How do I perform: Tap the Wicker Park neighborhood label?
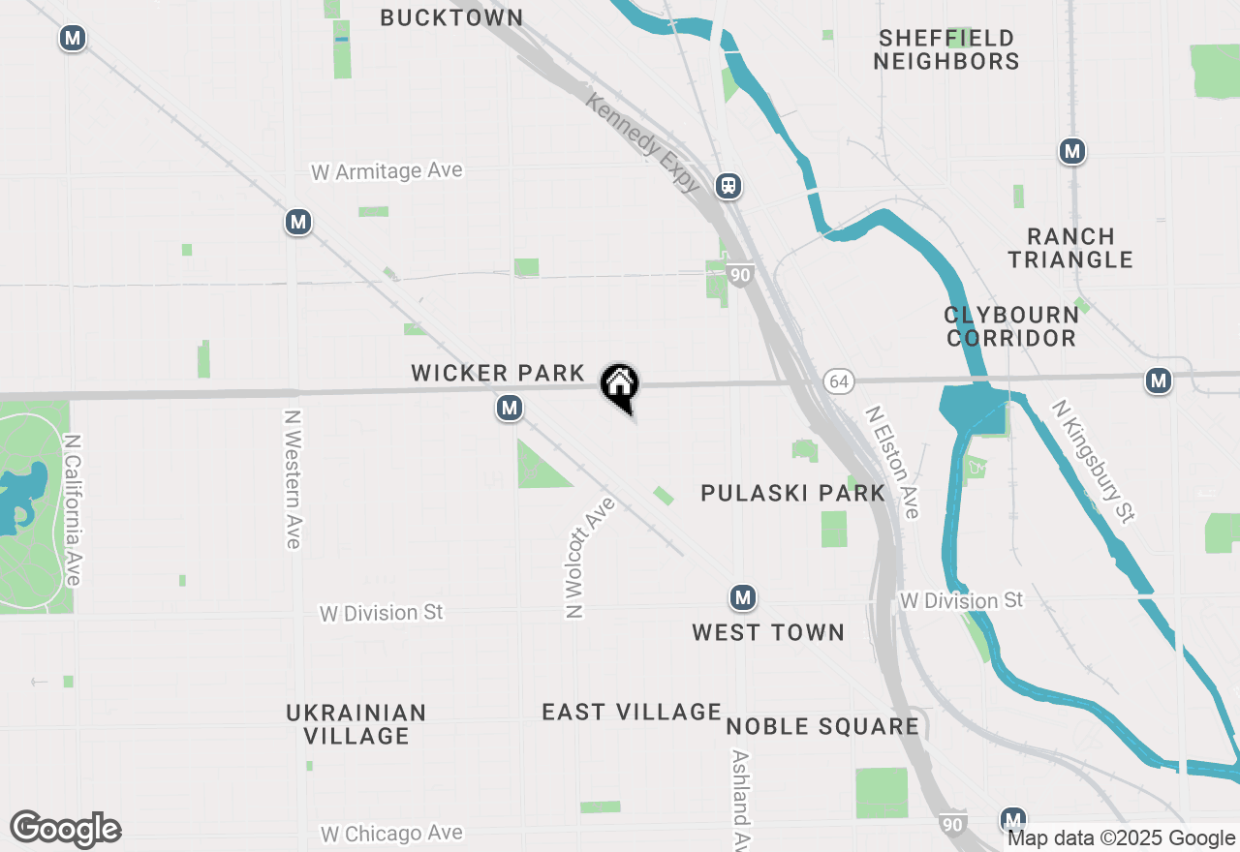click(498, 373)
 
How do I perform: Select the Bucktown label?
click(451, 17)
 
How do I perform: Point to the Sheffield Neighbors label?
click(946, 50)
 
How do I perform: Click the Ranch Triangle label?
click(1070, 248)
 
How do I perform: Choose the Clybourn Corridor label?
click(1011, 326)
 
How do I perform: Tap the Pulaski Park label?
click(792, 493)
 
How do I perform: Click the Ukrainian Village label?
click(356, 724)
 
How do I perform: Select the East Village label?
click(632, 713)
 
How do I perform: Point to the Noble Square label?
click(822, 727)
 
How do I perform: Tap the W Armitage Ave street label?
click(387, 171)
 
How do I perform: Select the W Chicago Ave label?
click(391, 833)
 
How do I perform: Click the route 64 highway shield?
click(839, 381)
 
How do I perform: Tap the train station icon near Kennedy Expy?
click(728, 185)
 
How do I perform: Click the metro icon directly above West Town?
click(743, 597)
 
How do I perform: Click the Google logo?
click(65, 830)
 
